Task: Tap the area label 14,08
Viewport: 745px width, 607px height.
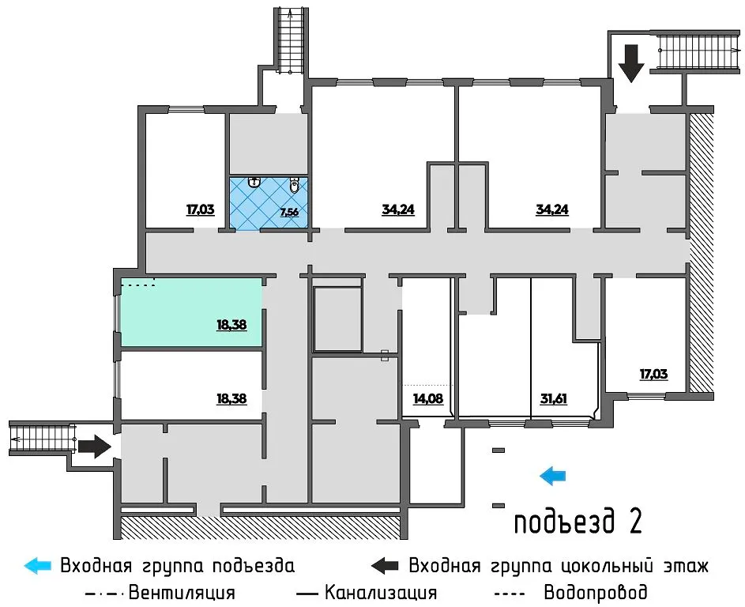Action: (x=427, y=398)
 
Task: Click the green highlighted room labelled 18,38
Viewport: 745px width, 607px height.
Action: (x=190, y=312)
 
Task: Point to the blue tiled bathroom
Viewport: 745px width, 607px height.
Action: (x=268, y=203)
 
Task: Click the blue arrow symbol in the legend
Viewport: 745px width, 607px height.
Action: (x=37, y=566)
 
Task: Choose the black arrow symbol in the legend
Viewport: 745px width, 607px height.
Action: (x=385, y=566)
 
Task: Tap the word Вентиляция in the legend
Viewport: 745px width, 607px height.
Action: (x=181, y=592)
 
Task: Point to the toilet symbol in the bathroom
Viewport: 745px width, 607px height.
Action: (x=295, y=186)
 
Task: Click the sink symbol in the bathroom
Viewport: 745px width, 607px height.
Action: (x=254, y=183)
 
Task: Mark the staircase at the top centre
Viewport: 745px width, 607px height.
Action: (x=290, y=40)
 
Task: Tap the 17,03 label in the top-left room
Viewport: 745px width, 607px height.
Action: (x=201, y=210)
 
